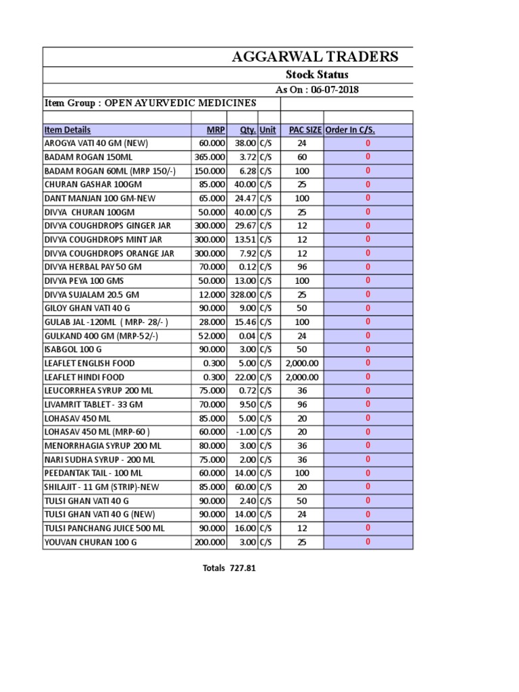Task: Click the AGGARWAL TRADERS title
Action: pos(315,57)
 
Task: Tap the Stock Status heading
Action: pos(317,75)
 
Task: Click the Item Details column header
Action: pos(68,130)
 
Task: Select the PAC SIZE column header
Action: pos(305,130)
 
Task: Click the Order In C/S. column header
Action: pos(350,130)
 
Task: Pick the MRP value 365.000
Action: pos(210,157)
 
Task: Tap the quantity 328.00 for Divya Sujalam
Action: pos(242,295)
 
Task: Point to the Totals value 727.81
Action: pos(242,568)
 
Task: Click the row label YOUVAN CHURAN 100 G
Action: pos(90,542)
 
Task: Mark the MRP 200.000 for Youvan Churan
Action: pos(210,542)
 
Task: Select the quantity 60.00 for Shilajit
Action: pos(245,487)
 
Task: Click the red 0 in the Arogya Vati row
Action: pos(368,143)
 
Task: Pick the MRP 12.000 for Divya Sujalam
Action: pos(212,295)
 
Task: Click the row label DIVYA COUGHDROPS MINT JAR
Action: pos(103,239)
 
